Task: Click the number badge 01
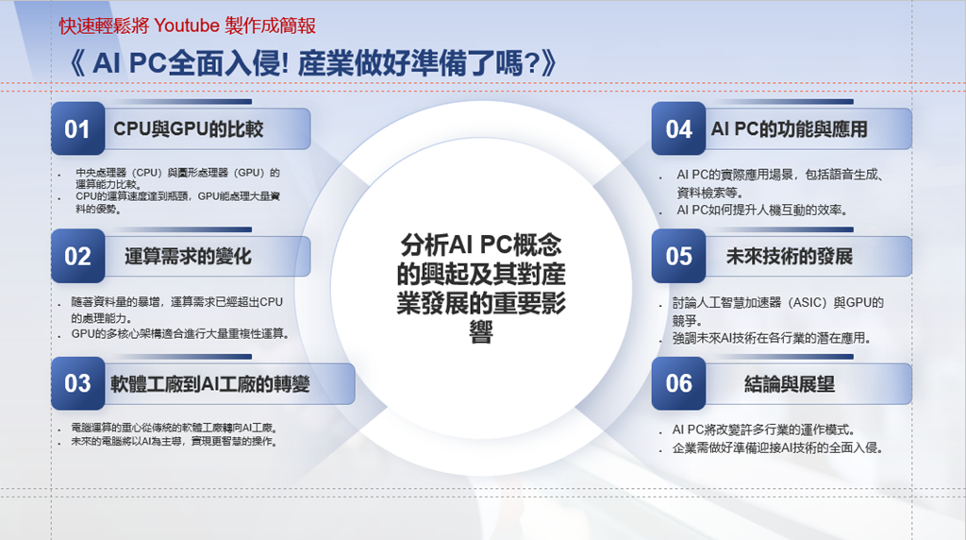(77, 128)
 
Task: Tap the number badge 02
(77, 256)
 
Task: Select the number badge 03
(77, 383)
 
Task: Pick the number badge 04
(678, 128)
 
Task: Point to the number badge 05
(678, 256)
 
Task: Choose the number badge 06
(678, 383)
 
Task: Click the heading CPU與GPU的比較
(189, 128)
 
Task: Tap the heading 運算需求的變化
(188, 257)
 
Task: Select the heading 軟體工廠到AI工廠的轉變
(210, 384)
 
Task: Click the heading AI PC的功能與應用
(790, 128)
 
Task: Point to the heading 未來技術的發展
(790, 257)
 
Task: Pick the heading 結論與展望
(790, 384)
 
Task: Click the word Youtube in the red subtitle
(187, 25)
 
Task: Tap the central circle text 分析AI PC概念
(481, 245)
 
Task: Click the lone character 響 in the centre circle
(481, 333)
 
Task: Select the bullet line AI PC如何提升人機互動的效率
(762, 211)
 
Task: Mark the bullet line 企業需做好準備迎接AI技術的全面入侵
(777, 447)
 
